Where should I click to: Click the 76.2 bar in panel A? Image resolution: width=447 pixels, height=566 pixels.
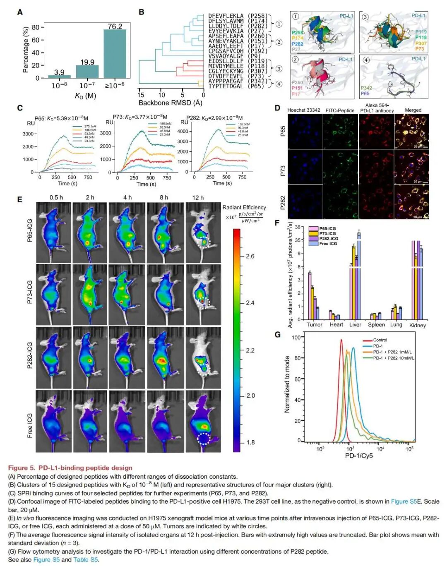(115, 54)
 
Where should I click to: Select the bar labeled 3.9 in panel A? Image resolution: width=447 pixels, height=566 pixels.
(59, 76)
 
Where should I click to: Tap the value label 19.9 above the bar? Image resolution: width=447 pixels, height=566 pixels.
(87, 62)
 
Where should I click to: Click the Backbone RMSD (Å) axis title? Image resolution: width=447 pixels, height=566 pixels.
(170, 103)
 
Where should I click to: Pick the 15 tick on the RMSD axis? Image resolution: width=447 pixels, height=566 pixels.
(141, 95)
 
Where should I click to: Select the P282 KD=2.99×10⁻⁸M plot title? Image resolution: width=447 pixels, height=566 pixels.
(214, 118)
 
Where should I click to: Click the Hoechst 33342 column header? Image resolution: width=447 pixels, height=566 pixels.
(304, 110)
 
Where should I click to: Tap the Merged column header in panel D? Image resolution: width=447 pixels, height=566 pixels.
(413, 110)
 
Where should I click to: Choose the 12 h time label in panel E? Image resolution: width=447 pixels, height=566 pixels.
(198, 197)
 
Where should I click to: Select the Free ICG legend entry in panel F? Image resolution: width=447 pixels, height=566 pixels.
(328, 244)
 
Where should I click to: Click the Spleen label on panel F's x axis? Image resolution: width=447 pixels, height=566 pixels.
(376, 325)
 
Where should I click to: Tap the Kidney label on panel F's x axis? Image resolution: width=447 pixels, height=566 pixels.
(417, 325)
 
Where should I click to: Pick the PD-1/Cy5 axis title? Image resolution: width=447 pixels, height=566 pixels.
(359, 456)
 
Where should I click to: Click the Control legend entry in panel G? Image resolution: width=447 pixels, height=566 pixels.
(380, 340)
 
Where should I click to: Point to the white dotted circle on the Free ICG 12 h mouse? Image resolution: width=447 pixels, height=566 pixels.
(203, 439)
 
